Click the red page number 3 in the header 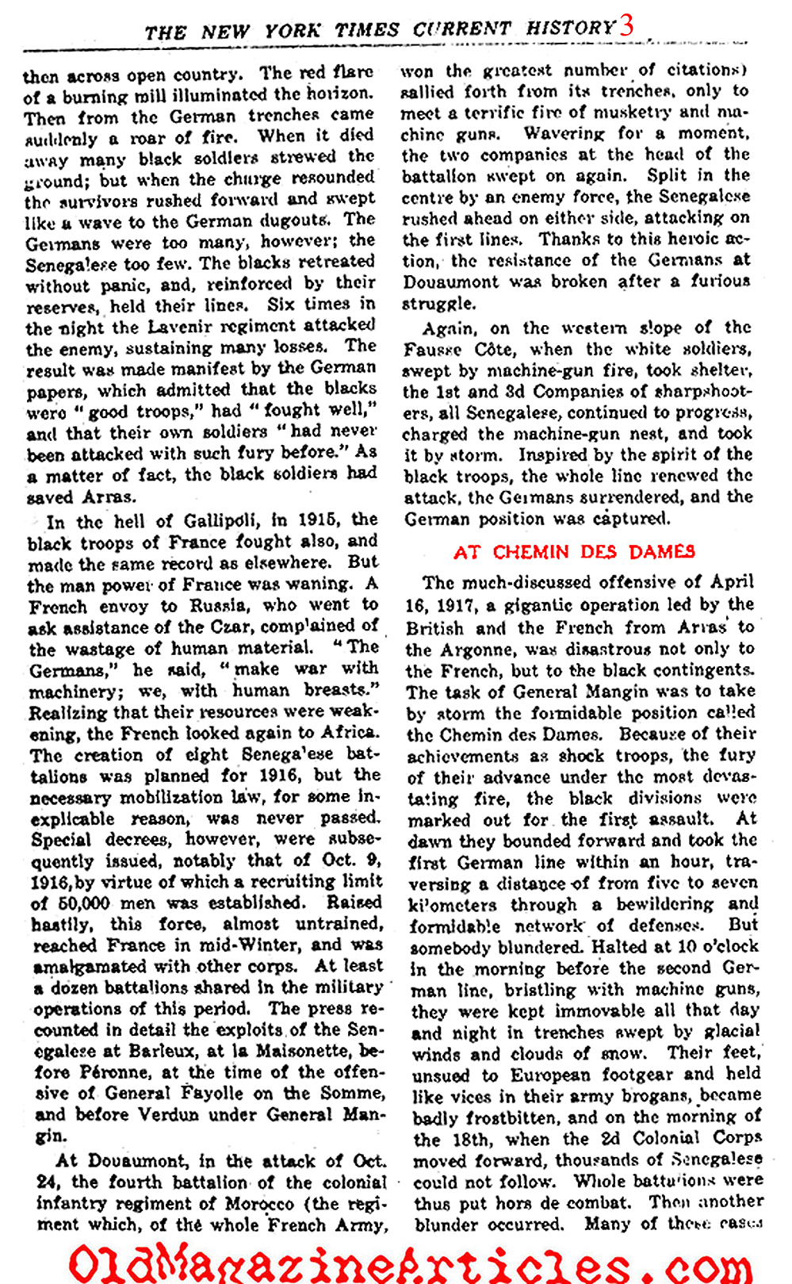point(626,25)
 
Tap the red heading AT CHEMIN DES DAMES point(574,552)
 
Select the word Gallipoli point(220,520)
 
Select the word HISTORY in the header point(571,29)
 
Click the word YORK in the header point(293,32)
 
